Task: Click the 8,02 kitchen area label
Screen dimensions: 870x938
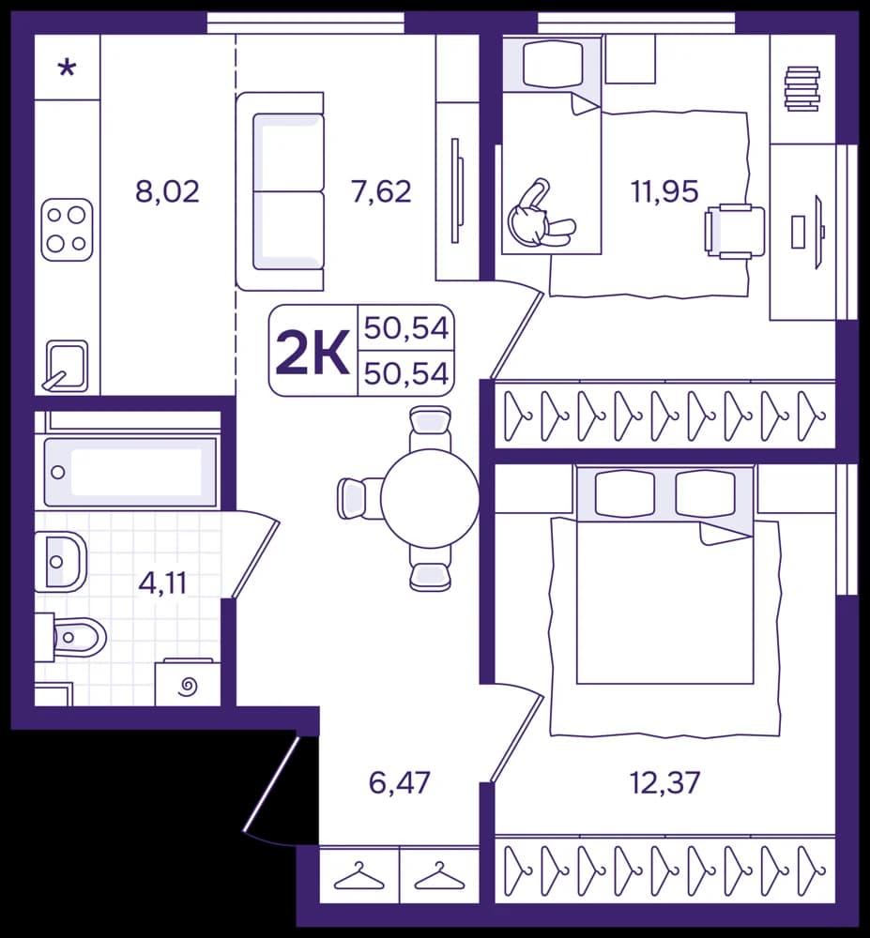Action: (168, 192)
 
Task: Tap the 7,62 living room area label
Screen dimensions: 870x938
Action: (382, 192)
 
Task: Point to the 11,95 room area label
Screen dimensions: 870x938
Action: (664, 192)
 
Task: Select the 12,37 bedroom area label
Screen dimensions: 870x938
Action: (664, 782)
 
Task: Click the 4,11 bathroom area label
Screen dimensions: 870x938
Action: (162, 582)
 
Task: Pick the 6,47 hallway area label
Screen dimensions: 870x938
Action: (400, 782)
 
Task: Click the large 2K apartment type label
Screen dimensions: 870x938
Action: (313, 352)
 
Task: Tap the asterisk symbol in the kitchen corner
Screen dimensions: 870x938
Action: (67, 68)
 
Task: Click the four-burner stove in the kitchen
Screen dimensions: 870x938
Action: (67, 230)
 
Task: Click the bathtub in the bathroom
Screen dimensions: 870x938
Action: (130, 473)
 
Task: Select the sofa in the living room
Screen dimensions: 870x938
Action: (280, 191)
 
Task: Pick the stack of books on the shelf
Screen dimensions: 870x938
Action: (801, 88)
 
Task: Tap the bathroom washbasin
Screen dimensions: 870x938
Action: (61, 562)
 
